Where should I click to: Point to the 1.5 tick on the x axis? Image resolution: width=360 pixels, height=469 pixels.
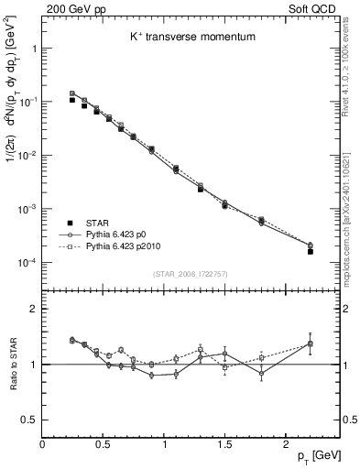point(224,442)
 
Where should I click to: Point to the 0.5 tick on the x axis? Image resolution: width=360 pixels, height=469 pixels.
point(104,442)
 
